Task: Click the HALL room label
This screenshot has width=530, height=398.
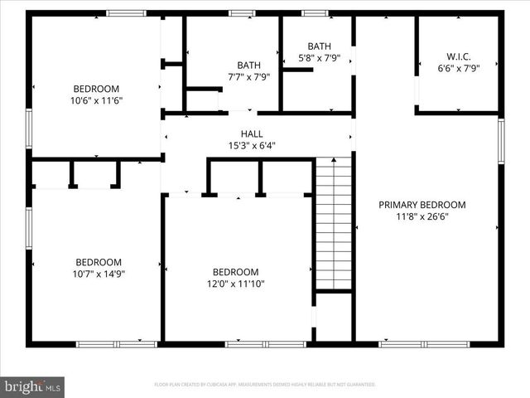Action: click(252, 133)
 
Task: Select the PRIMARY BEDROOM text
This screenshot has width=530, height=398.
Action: click(422, 205)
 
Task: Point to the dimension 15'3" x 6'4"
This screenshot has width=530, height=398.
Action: click(252, 145)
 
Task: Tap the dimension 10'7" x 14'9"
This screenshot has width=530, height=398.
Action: click(99, 273)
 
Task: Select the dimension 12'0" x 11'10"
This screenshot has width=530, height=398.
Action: click(236, 284)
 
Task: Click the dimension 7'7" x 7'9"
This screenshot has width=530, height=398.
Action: click(248, 76)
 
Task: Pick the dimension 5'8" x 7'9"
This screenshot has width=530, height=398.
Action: click(318, 58)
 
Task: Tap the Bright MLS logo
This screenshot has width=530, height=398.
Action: click(33, 386)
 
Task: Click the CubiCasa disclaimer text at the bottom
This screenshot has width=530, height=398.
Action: click(265, 385)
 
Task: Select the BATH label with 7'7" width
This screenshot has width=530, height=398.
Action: click(248, 65)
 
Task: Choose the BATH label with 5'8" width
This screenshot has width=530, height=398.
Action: click(318, 46)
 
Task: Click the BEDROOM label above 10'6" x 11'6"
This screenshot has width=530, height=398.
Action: click(96, 89)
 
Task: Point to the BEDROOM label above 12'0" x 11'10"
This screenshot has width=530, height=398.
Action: click(236, 272)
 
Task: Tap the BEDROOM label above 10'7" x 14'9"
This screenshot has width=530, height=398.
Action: click(99, 261)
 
